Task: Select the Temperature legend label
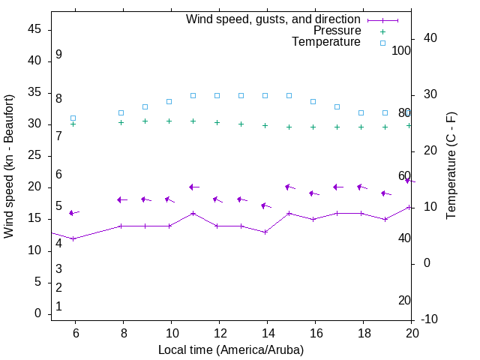326,42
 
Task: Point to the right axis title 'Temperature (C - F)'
451,166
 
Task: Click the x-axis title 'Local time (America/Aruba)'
231,349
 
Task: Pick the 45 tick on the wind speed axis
34,29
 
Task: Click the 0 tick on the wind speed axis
37,314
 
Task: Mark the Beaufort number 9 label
58,55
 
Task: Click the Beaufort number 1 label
58,307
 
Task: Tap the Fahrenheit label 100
401,50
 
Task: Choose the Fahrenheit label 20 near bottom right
404,300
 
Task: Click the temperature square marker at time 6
73,118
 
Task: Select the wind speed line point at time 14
265,232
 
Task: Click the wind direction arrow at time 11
193,187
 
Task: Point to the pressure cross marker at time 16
313,127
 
